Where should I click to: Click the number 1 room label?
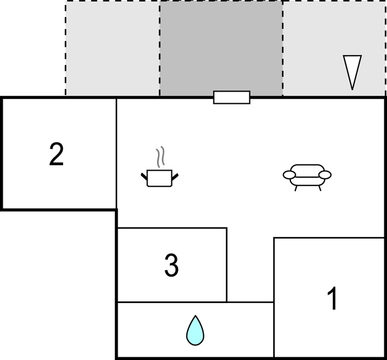pyautogui.click(x=332, y=298)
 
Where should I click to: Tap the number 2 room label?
pyautogui.click(x=56, y=155)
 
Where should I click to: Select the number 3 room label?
pyautogui.click(x=171, y=266)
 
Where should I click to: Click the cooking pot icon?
pyautogui.click(x=159, y=167)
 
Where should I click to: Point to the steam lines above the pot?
pyautogui.click(x=160, y=157)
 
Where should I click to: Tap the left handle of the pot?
pyautogui.click(x=144, y=177)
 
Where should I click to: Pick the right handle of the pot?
pyautogui.click(x=175, y=177)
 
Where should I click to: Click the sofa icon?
pyautogui.click(x=307, y=178)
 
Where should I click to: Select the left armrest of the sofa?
pyautogui.click(x=289, y=175)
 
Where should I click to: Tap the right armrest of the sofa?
pyautogui.click(x=325, y=175)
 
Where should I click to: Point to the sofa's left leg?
pyautogui.click(x=296, y=188)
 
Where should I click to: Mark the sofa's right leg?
pyautogui.click(x=320, y=188)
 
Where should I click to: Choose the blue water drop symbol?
pyautogui.click(x=195, y=330)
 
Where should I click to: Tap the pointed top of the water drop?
pyautogui.click(x=196, y=316)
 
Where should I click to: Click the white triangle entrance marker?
pyautogui.click(x=352, y=72)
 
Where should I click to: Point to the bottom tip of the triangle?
pyautogui.click(x=352, y=90)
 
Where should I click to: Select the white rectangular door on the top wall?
pyautogui.click(x=232, y=97)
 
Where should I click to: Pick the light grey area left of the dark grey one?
pyautogui.click(x=113, y=48)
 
